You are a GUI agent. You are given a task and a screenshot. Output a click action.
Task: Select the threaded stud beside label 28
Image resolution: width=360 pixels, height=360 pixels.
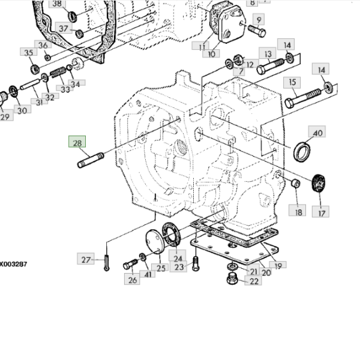point(90,160)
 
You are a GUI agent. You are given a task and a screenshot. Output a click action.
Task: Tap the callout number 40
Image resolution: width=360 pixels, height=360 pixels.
point(317,133)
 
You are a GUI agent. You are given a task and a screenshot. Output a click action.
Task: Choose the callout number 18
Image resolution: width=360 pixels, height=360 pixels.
point(298,211)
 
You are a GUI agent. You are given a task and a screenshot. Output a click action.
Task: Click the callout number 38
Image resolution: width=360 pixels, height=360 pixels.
point(57,4)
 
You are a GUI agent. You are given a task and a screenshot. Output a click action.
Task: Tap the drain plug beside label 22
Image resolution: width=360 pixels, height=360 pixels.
point(231,279)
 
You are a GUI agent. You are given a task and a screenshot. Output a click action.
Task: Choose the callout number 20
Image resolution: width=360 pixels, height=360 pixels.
point(266,272)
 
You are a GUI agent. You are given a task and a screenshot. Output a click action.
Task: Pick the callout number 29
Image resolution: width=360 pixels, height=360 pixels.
point(5,117)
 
